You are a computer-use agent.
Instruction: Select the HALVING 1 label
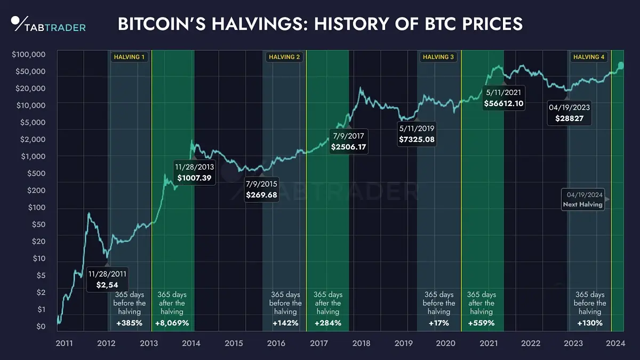(x=129, y=57)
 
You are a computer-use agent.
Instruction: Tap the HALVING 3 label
(x=438, y=57)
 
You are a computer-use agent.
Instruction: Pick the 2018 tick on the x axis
(x=361, y=343)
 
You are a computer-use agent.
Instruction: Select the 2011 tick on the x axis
(x=64, y=343)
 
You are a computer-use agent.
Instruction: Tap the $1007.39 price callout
(x=195, y=172)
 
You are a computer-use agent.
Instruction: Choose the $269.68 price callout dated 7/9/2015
(x=261, y=190)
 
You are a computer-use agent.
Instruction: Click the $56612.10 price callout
(x=503, y=98)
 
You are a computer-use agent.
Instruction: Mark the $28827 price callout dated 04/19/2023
(x=570, y=112)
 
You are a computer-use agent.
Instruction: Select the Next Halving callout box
(x=583, y=199)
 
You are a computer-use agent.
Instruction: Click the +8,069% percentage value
(x=172, y=323)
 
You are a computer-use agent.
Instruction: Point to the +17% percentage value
(x=439, y=323)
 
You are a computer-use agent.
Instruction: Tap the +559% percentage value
(x=481, y=323)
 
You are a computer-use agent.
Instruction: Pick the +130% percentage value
(x=590, y=323)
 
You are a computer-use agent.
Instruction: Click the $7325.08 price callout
(x=417, y=134)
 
